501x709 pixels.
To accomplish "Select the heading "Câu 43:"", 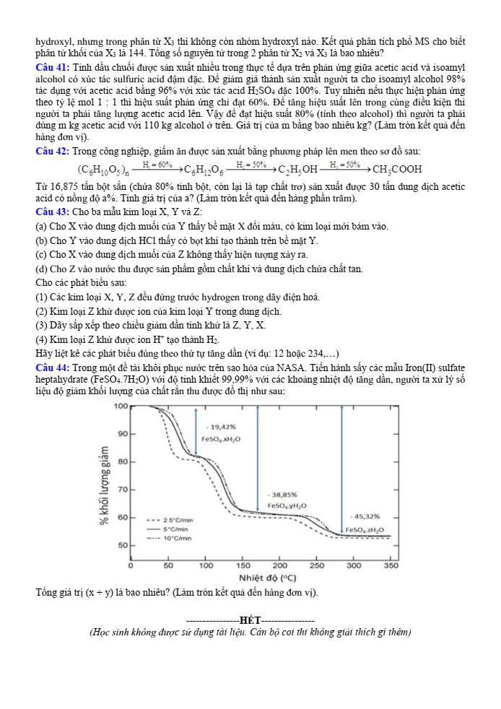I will [x=52, y=212].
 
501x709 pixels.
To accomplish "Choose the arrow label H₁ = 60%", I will [x=157, y=165].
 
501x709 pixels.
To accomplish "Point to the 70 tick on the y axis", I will [x=122, y=490].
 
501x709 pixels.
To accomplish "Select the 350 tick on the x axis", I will [x=391, y=565].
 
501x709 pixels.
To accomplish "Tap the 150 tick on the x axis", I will [x=242, y=565].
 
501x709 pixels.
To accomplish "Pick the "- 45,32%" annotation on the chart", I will [x=366, y=517].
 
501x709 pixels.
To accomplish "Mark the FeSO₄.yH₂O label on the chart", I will [x=287, y=506].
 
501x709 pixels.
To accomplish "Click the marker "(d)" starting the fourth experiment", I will [x=41, y=269].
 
